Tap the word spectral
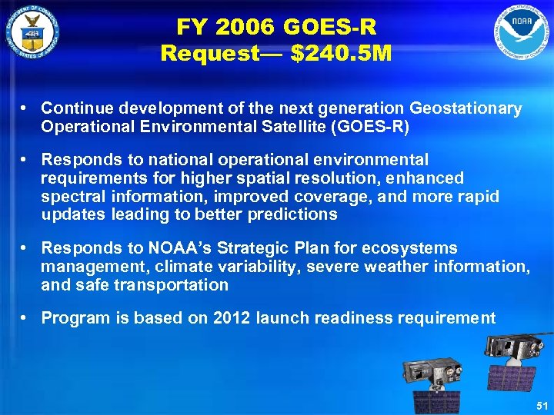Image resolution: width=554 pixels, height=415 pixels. click(73, 197)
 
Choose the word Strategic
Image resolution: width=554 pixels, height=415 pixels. click(240, 248)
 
